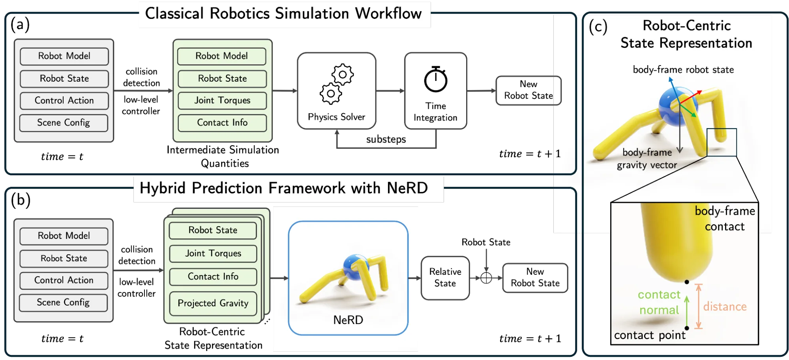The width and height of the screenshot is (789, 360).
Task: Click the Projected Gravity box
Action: pyautogui.click(x=213, y=303)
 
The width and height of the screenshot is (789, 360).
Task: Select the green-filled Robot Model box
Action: pyautogui.click(x=221, y=56)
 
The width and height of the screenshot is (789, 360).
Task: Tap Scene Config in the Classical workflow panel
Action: pyautogui.click(x=64, y=123)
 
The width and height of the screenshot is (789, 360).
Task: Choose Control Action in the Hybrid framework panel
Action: pyautogui.click(x=64, y=280)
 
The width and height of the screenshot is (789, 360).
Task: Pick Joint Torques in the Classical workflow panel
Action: pyautogui.click(x=222, y=101)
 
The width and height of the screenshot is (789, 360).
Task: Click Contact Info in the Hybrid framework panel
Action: pyautogui.click(x=213, y=277)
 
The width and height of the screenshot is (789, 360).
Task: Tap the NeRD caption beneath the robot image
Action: pyautogui.click(x=348, y=320)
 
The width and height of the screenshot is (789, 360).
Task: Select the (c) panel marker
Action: pyautogui.click(x=598, y=27)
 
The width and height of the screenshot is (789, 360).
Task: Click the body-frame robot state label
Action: pyautogui.click(x=683, y=70)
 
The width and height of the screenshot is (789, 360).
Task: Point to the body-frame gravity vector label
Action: pyautogui.click(x=647, y=159)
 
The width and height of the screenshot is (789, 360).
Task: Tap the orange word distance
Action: pyautogui.click(x=725, y=307)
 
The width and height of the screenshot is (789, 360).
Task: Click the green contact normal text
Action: pyautogui.click(x=659, y=302)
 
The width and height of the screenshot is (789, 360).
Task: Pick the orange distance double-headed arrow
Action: pyautogui.click(x=699, y=306)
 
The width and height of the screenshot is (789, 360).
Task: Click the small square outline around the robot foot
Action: pyautogui.click(x=722, y=142)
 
